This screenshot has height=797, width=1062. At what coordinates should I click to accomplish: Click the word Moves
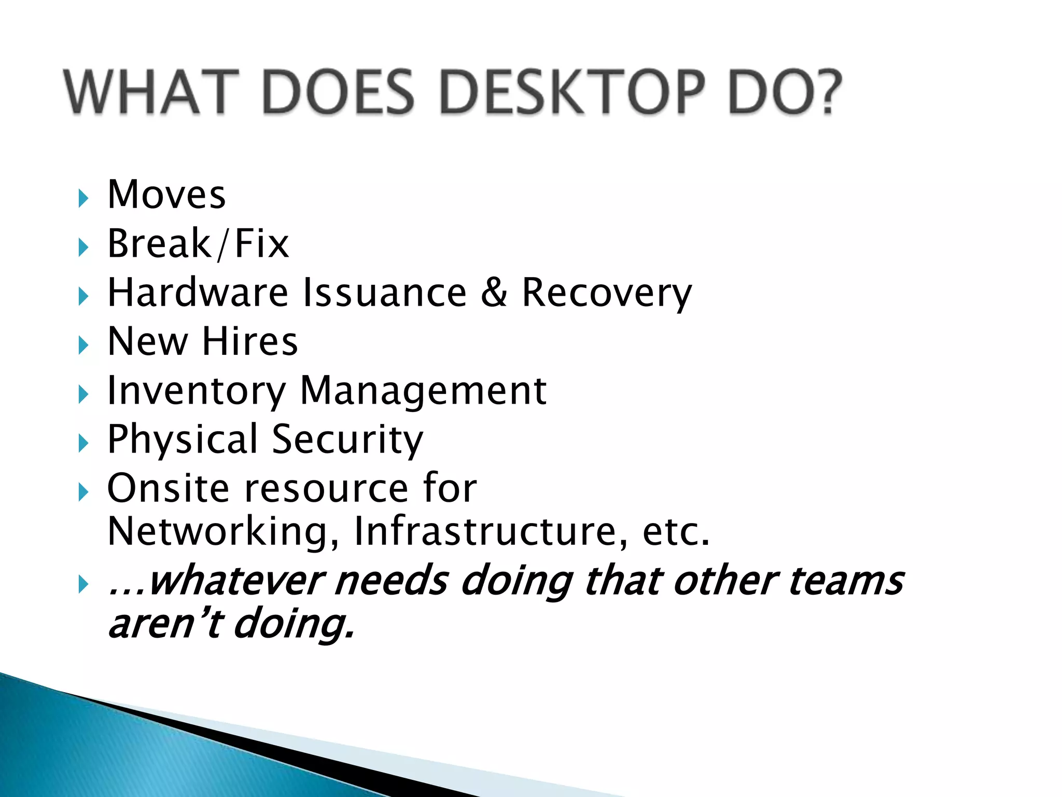[x=166, y=195]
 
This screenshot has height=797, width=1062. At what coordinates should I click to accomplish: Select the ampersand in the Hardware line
[x=493, y=293]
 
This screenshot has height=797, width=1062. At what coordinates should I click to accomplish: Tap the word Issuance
[x=385, y=293]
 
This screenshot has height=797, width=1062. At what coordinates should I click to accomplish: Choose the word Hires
[x=250, y=342]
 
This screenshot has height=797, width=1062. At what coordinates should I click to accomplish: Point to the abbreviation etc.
[x=676, y=532]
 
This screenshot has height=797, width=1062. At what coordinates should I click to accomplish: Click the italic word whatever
[x=236, y=581]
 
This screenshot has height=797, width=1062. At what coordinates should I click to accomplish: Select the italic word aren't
[x=165, y=624]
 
